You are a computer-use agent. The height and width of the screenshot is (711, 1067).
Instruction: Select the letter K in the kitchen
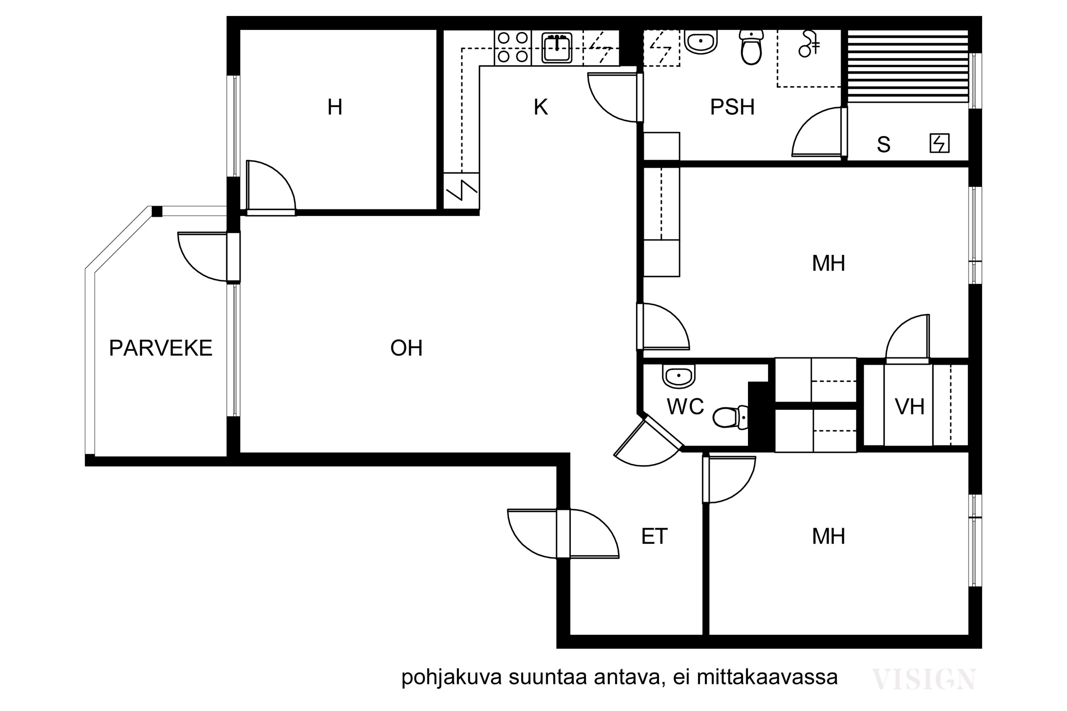541,107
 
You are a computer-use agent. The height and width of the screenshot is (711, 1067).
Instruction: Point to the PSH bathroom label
732,107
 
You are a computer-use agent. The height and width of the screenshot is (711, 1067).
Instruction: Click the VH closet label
909,407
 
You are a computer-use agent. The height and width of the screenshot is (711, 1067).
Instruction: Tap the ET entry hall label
654,536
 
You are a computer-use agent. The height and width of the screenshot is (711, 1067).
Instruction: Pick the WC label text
685,407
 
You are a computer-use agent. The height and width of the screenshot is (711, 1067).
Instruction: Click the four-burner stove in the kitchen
513,47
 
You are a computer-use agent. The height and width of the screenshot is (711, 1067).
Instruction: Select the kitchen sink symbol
557,47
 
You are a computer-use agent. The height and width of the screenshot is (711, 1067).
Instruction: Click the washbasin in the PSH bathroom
701,42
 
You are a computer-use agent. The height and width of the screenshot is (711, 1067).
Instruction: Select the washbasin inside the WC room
679,376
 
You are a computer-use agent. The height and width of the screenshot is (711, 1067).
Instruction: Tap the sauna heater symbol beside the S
940,143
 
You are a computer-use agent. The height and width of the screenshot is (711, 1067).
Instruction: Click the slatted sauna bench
908,66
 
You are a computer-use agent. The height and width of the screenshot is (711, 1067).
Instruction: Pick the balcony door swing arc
191,268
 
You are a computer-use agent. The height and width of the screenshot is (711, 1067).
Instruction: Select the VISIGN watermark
924,679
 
